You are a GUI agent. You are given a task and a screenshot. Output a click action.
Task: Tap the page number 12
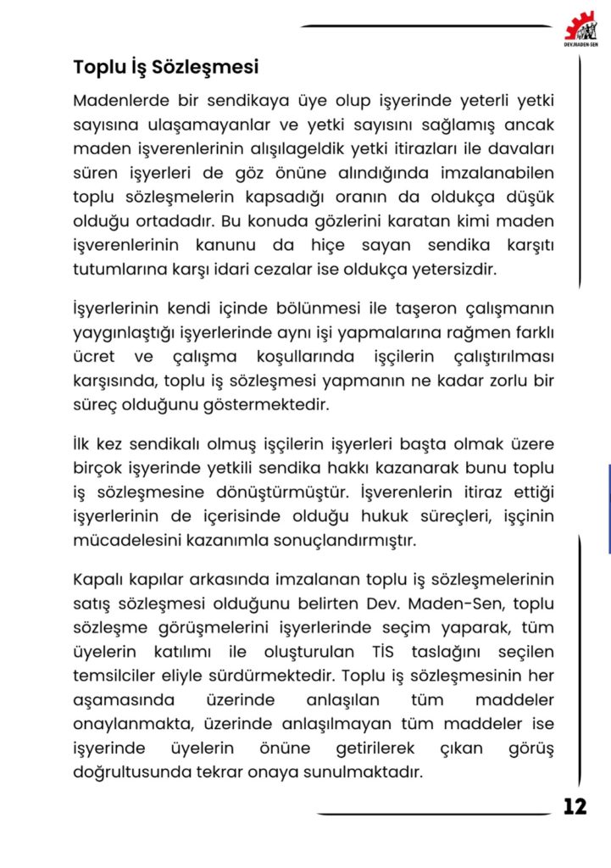coord(575,806)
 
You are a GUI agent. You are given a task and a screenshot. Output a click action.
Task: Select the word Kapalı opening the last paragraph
coord(97,580)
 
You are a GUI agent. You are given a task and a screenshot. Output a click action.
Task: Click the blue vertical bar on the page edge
coord(608,509)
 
